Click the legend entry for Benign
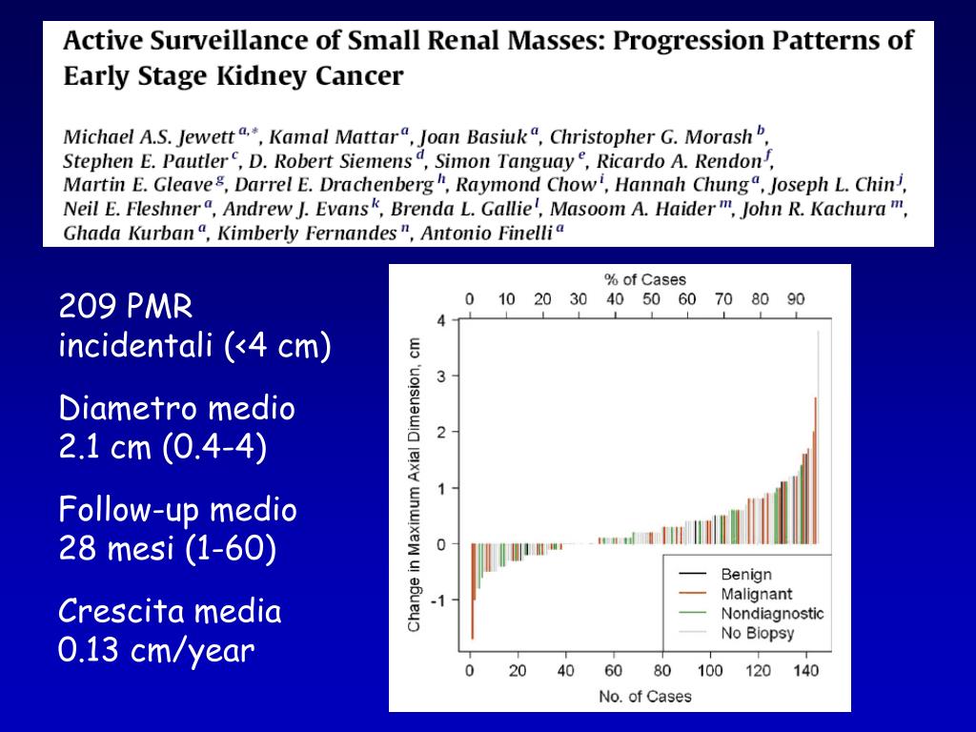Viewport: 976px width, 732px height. (745, 575)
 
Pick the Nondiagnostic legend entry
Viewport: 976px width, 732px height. (771, 614)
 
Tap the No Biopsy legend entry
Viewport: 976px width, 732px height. (757, 633)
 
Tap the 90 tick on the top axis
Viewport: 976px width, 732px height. (796, 299)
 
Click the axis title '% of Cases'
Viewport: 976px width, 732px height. (644, 279)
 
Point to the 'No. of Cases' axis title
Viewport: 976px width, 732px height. (644, 696)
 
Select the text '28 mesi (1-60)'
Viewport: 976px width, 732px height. (168, 550)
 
